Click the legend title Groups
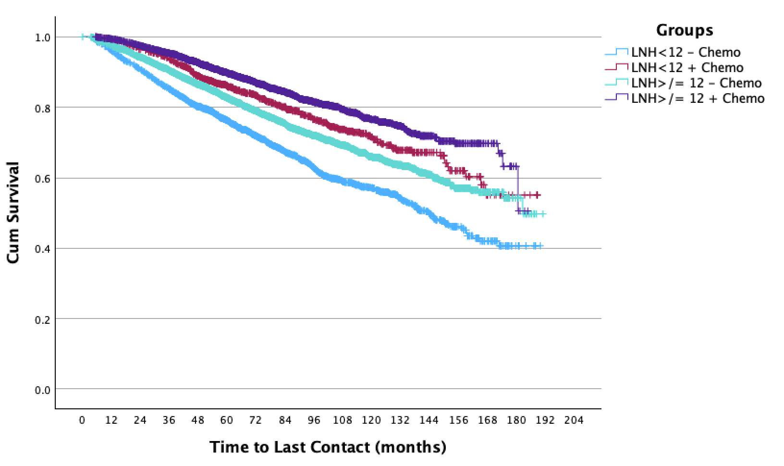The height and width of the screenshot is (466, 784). (x=685, y=31)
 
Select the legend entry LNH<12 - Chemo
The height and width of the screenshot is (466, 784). (x=686, y=52)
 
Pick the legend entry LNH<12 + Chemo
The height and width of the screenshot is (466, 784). (x=687, y=68)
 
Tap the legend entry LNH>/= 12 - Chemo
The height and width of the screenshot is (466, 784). (x=696, y=83)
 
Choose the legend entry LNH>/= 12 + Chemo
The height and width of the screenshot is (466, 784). (x=698, y=98)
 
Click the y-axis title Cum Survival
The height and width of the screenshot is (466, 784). (x=13, y=212)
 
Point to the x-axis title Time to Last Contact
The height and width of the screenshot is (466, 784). (x=328, y=447)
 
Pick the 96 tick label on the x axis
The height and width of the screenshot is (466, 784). (x=314, y=420)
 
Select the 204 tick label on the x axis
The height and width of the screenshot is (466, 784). (x=574, y=420)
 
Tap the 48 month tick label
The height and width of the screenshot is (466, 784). (x=198, y=420)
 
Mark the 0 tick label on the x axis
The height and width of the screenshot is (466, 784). (x=82, y=420)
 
